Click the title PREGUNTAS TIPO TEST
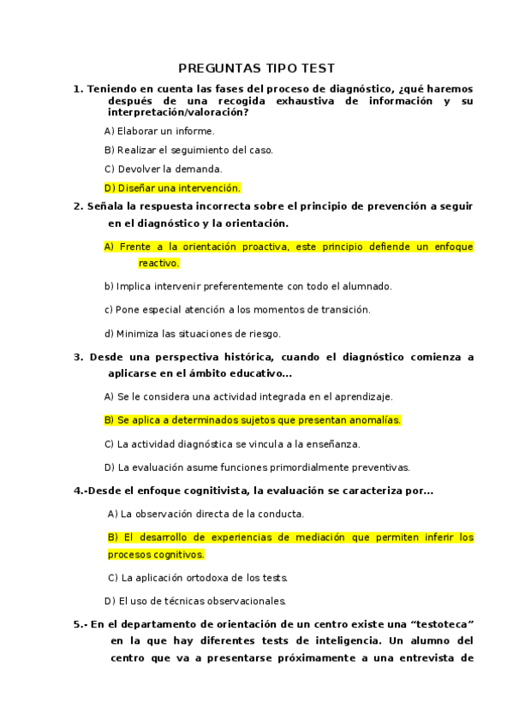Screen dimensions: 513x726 256,68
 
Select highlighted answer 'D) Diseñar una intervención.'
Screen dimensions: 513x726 172,187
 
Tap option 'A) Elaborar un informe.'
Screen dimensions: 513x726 159,131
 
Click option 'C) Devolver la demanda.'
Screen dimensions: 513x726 163,169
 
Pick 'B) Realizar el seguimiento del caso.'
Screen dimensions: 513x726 188,150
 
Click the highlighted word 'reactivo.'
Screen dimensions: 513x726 159,263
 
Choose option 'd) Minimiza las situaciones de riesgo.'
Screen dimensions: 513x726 192,333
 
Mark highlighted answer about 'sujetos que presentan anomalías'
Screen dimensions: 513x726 253,420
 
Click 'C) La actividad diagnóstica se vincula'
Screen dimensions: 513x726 231,444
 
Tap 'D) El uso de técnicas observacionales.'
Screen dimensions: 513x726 194,600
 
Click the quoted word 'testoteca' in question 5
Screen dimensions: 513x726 444,624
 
